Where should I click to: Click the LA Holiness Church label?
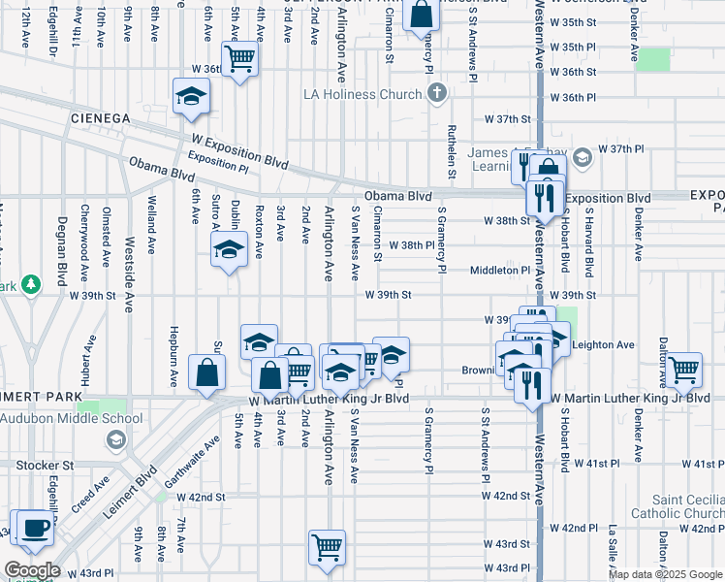pyautogui.click(x=363, y=94)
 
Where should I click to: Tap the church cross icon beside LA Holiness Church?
pyautogui.click(x=437, y=93)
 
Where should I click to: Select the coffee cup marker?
pyautogui.click(x=36, y=529)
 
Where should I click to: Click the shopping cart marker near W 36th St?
pyautogui.click(x=239, y=60)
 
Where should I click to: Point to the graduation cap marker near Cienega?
pyautogui.click(x=191, y=97)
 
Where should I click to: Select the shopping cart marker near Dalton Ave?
pyautogui.click(x=684, y=370)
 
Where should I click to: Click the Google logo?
pyautogui.click(x=32, y=570)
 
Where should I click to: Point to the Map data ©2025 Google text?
pyautogui.click(x=666, y=574)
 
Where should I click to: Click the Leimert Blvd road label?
pyautogui.click(x=134, y=497)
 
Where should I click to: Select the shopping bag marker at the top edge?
pyautogui.click(x=423, y=15)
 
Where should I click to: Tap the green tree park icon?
pyautogui.click(x=32, y=283)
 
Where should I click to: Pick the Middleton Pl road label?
pyautogui.click(x=500, y=272)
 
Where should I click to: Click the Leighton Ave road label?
pyautogui.click(x=603, y=344)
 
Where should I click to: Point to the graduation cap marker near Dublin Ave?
pyautogui.click(x=229, y=251)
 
